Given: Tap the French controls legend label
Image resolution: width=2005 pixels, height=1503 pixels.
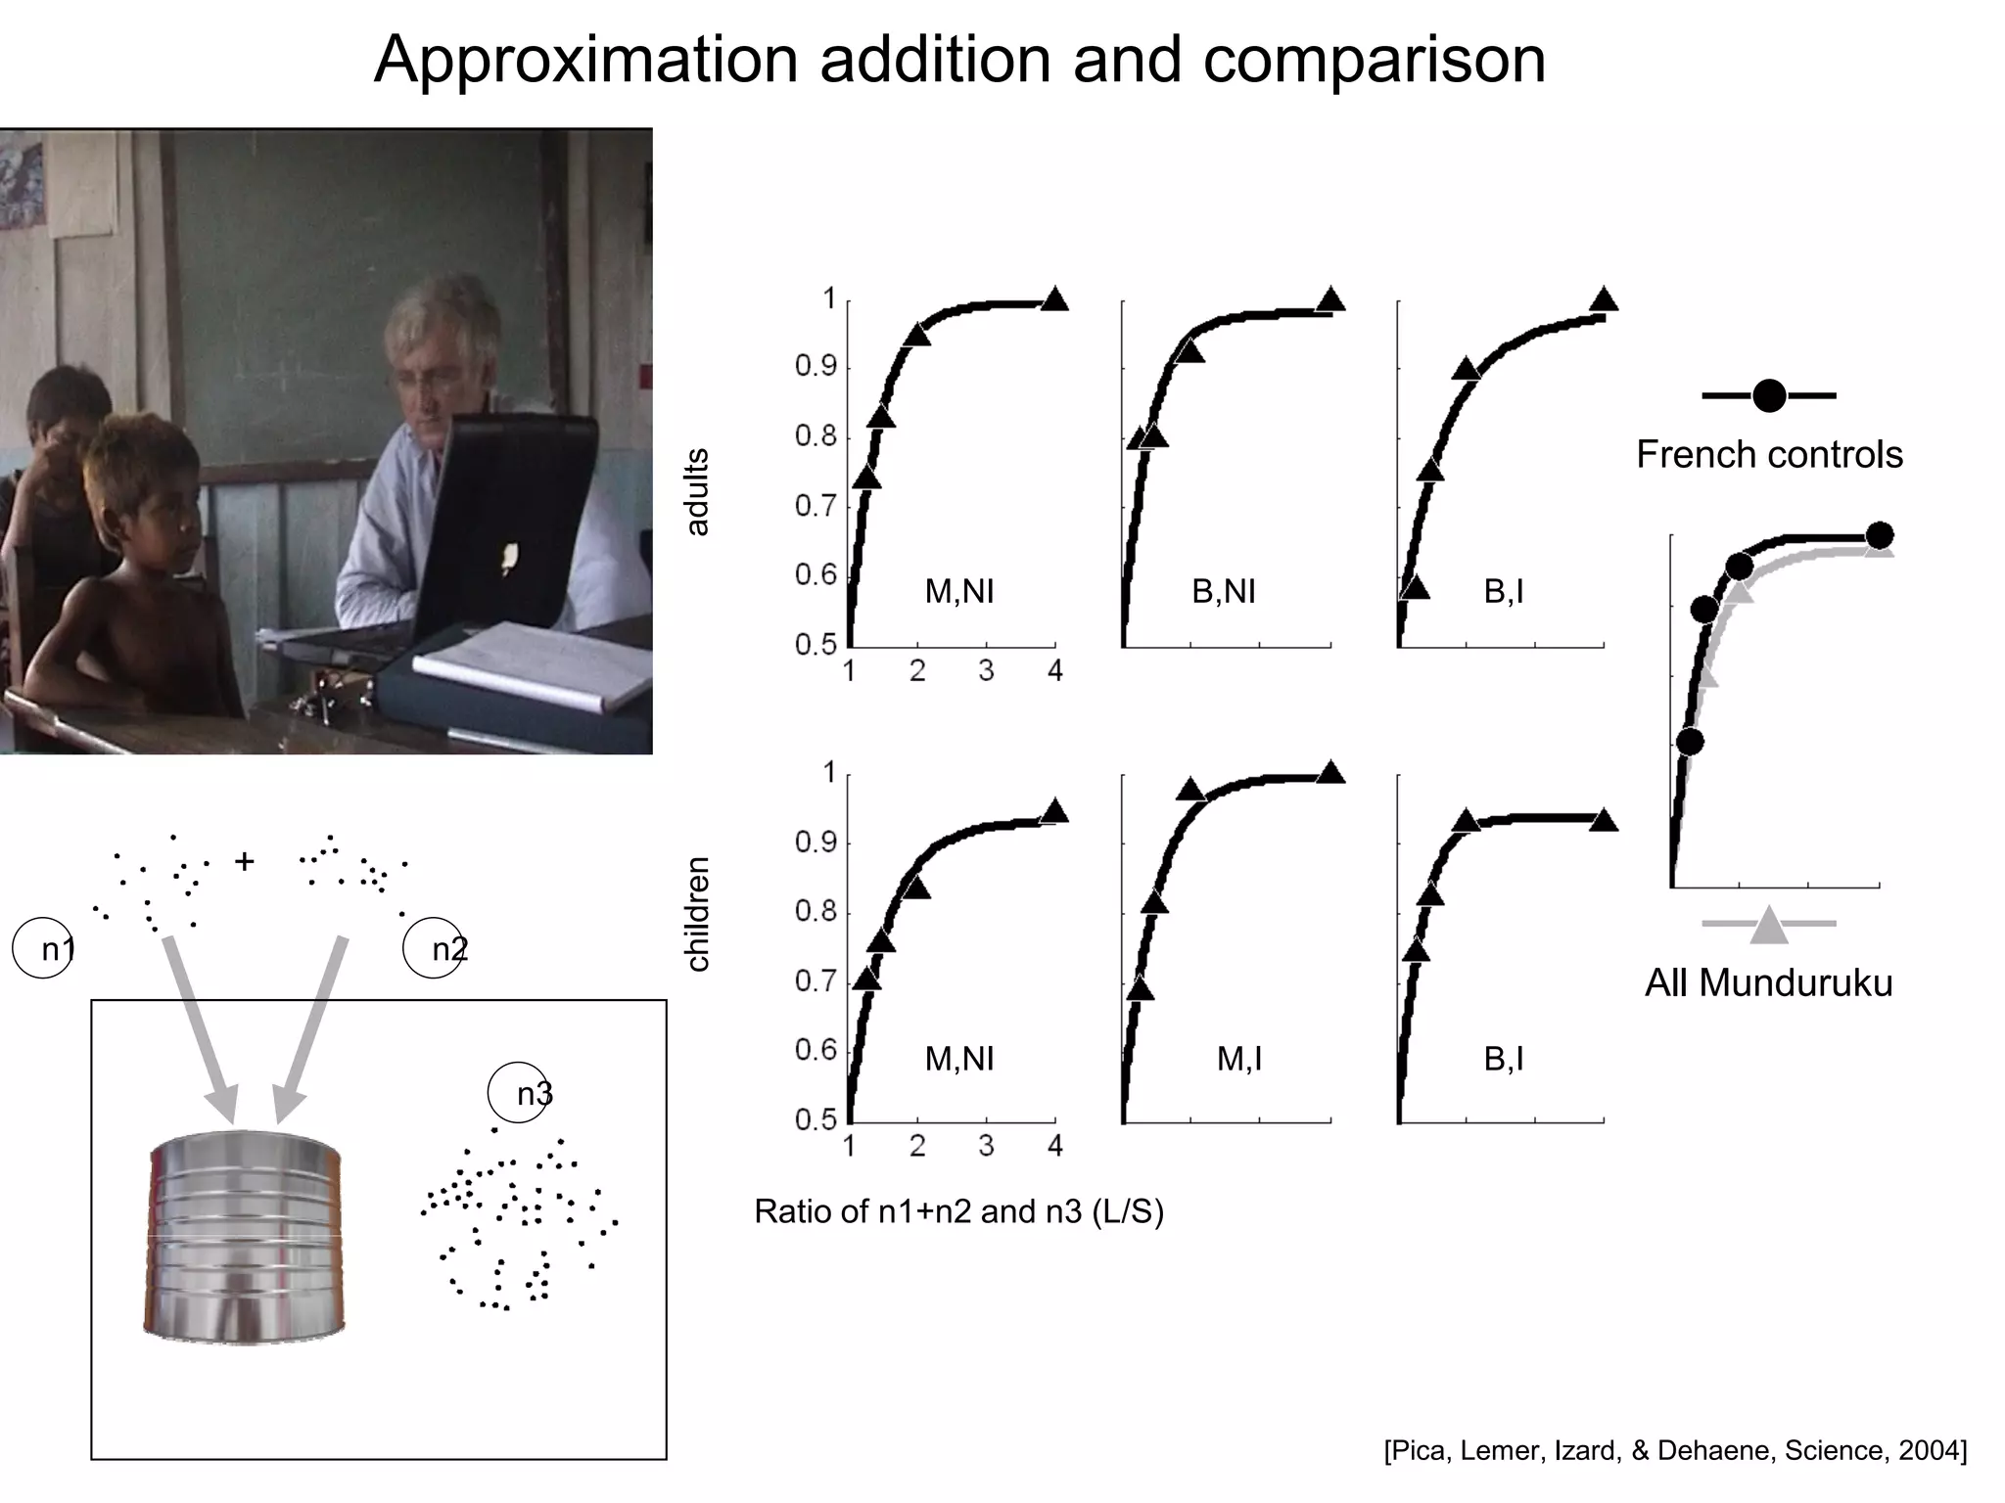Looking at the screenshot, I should coord(1769,455).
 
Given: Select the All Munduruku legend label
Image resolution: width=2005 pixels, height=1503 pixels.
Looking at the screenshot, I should coord(1768,982).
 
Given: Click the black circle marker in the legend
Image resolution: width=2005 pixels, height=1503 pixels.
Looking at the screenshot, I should coord(1769,395).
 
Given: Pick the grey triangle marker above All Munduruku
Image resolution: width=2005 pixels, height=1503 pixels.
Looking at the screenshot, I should coord(1768,925).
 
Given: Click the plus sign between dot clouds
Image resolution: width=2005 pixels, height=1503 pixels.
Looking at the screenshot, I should coord(245,861).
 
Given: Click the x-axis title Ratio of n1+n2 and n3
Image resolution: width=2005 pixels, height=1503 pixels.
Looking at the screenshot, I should coord(958,1212).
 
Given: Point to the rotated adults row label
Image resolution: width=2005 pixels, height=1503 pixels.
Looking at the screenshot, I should coord(697,492).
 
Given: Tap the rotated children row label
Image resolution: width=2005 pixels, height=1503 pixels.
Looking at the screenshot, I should coord(697,914).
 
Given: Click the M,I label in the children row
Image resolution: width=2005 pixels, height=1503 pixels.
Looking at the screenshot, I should coord(1238,1059).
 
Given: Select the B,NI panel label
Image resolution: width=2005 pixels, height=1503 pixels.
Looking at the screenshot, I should coord(1223,591).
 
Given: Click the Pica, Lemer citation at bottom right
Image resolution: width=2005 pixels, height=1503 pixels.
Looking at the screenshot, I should coord(1674,1450).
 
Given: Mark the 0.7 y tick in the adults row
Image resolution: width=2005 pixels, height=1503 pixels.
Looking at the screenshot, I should coord(816,507).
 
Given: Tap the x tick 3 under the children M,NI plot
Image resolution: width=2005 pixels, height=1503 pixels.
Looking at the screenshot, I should coord(986,1146).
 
